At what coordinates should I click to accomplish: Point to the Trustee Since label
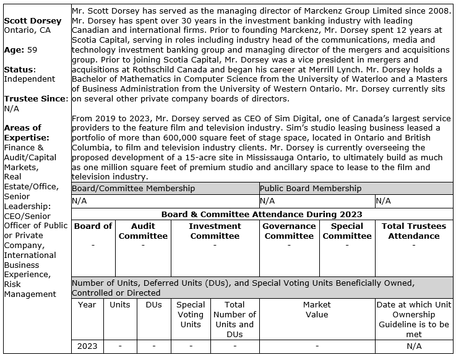tap(34, 99)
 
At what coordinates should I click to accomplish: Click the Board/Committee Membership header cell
tap(133, 188)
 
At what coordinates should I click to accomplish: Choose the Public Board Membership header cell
tap(311, 188)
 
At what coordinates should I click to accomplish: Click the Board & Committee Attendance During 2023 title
tap(262, 214)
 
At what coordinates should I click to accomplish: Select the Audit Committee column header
tap(143, 231)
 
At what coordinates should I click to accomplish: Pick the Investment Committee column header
tap(215, 231)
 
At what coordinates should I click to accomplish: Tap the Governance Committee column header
tap(289, 231)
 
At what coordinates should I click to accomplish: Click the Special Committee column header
tap(347, 231)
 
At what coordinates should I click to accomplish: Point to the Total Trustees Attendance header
tap(413, 231)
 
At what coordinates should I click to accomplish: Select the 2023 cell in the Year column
tap(87, 346)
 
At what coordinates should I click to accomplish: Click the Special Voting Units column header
tap(191, 314)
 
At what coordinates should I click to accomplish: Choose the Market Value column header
tap(317, 309)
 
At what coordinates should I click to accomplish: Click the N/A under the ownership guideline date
tap(414, 346)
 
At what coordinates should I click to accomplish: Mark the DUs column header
tap(153, 304)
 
